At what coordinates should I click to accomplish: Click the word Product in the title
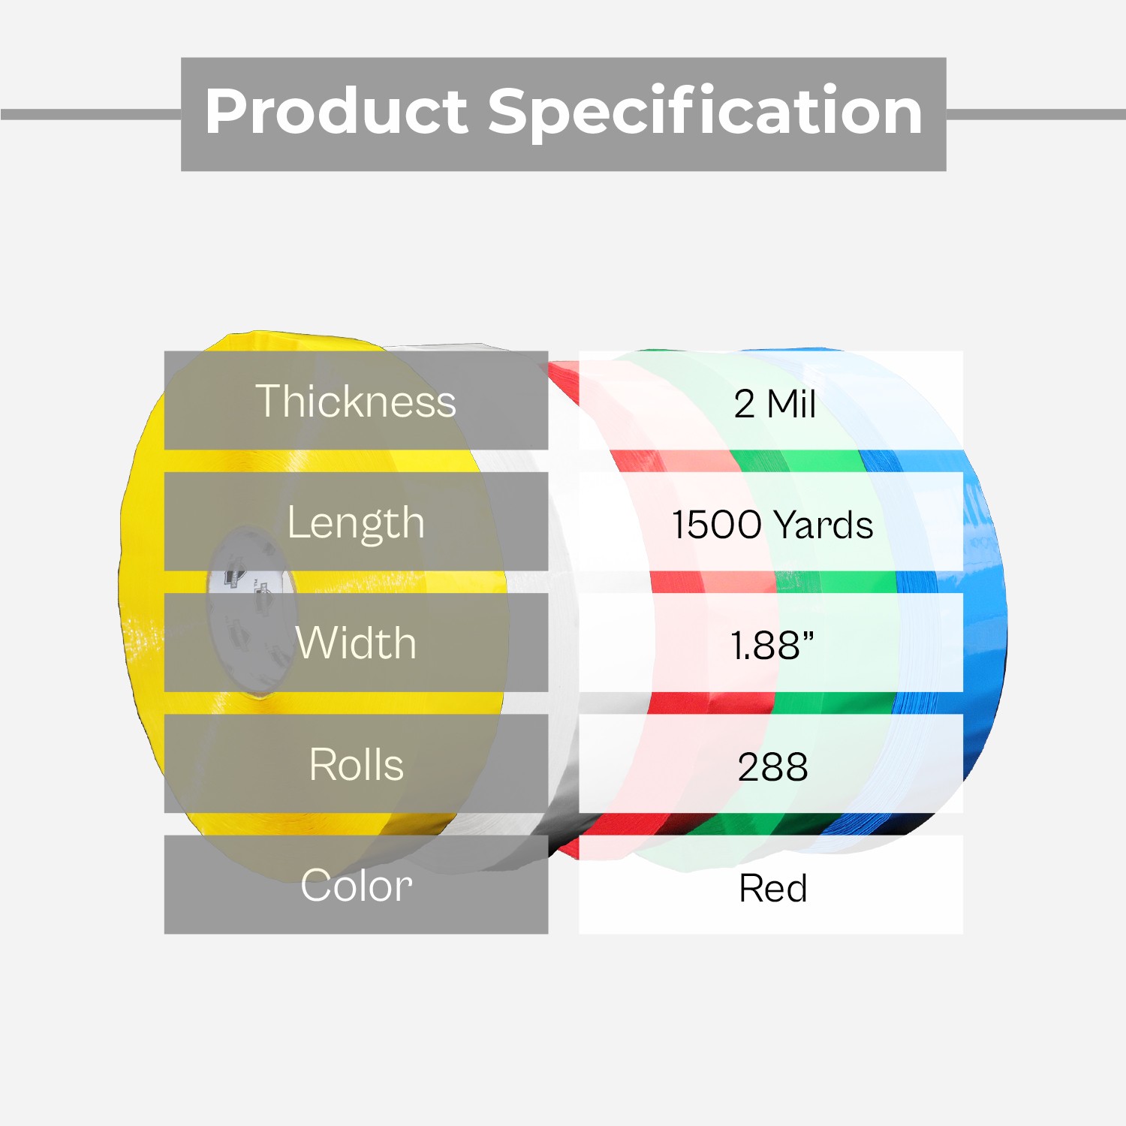click(337, 111)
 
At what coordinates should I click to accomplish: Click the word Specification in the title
click(705, 113)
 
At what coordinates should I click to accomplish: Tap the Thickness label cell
click(356, 400)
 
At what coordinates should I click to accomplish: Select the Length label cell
click(356, 522)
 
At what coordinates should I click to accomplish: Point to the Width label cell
click(356, 643)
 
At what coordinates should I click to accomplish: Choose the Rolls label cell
click(356, 763)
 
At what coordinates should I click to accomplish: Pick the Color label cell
click(356, 884)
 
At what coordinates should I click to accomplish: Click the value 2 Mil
click(775, 404)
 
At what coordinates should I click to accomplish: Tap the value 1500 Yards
click(772, 524)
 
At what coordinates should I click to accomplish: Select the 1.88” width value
click(772, 645)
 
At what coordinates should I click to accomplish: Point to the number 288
click(772, 766)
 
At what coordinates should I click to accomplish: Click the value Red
click(772, 888)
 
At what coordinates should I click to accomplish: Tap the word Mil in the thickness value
click(791, 404)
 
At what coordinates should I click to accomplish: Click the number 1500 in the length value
click(717, 524)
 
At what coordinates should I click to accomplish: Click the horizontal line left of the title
click(91, 114)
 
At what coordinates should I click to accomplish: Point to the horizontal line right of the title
click(1036, 114)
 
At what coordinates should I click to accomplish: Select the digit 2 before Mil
click(744, 404)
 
